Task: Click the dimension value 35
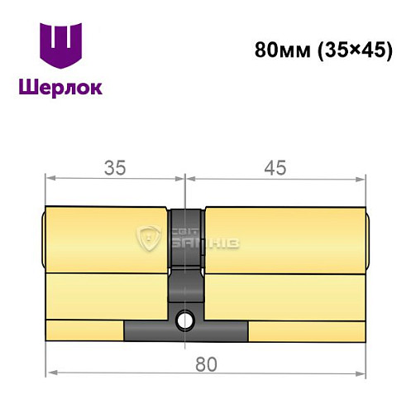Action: click(x=114, y=167)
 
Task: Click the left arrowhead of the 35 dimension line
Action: click(x=50, y=178)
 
